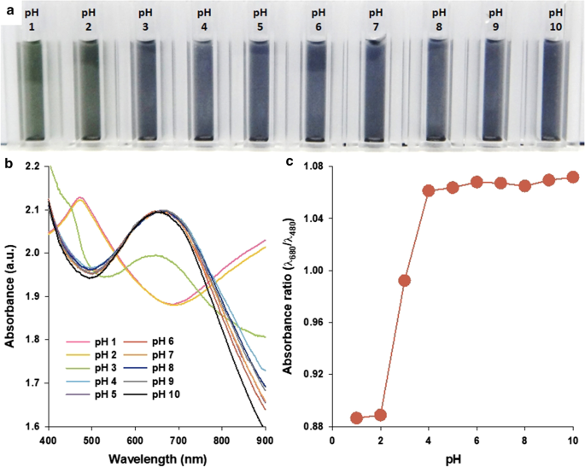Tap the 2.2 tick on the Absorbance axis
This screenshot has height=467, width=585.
32,166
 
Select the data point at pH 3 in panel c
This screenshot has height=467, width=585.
405,280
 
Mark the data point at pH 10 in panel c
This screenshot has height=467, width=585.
573,178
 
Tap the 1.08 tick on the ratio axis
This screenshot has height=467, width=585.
314,166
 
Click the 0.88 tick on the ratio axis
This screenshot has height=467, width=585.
314,426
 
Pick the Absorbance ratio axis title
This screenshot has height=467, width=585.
295,295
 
